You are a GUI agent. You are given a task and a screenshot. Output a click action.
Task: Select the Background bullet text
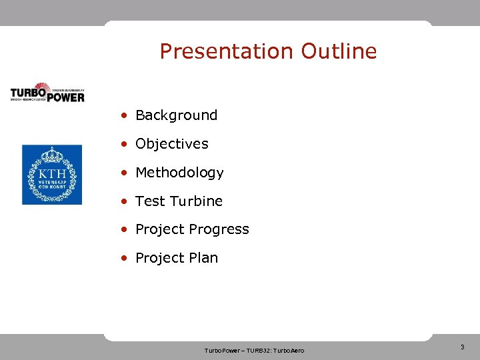(176, 115)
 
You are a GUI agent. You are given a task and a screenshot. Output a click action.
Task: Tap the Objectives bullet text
(171, 144)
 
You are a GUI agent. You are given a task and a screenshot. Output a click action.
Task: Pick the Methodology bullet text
(179, 173)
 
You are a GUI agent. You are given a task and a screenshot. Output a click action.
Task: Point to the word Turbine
(196, 201)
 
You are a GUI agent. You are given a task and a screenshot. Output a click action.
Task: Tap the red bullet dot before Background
(125, 116)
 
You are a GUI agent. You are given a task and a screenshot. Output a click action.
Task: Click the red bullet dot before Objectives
(125, 145)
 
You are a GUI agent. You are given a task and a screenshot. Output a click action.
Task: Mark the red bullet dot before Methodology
(125, 173)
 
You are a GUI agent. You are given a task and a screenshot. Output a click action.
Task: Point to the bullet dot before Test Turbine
(125, 202)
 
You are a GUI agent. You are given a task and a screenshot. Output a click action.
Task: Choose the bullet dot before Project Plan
(125, 259)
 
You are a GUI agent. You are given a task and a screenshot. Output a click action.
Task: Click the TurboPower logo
(47, 92)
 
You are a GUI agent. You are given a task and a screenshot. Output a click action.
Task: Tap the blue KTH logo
(52, 175)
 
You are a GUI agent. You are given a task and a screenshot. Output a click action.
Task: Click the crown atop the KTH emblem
(52, 156)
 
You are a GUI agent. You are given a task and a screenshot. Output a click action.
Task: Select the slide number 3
(462, 347)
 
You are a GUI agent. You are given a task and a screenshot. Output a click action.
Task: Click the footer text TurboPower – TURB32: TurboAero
(254, 351)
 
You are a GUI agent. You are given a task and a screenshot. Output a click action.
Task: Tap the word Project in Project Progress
(159, 230)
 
